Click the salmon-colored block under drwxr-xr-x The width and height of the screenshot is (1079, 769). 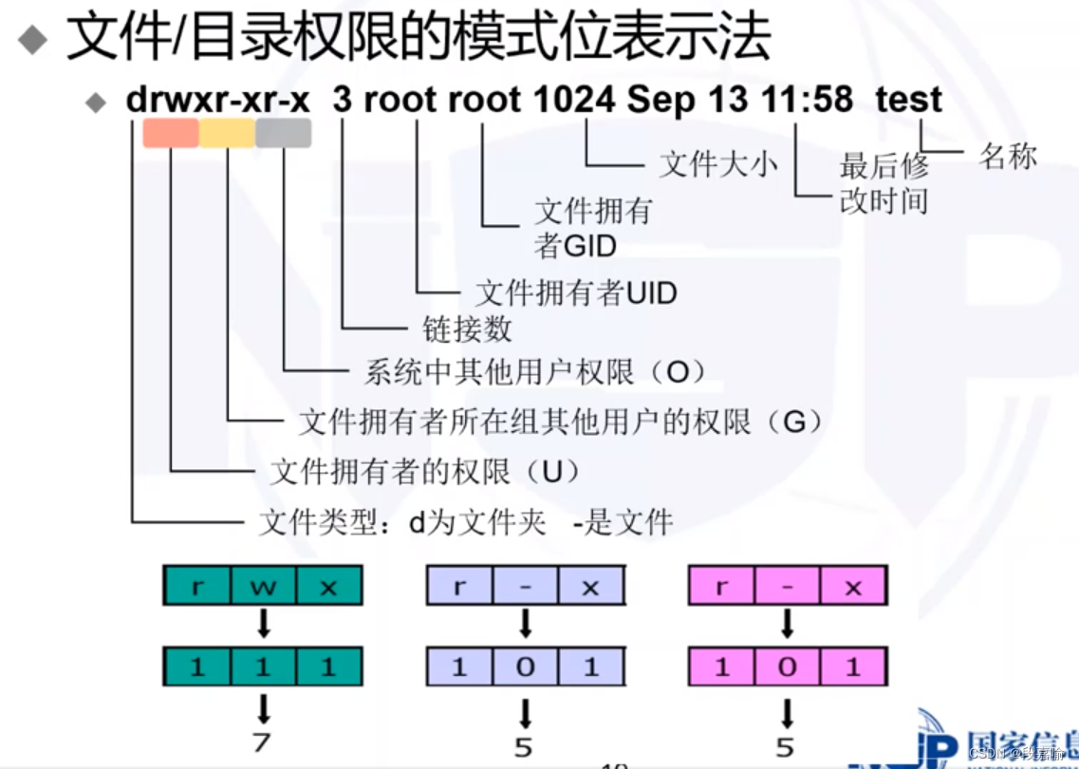click(x=171, y=133)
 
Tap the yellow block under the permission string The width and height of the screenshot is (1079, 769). click(x=227, y=133)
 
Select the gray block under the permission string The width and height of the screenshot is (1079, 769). click(x=283, y=133)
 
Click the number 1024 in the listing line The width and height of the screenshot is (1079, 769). click(x=573, y=100)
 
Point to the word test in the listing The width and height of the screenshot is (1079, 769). click(x=908, y=100)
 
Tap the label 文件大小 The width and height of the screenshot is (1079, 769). click(x=717, y=164)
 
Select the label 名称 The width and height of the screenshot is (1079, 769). click(x=1008, y=157)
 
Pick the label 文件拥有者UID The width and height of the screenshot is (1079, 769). click(x=576, y=292)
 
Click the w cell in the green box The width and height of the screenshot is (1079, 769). click(x=263, y=587)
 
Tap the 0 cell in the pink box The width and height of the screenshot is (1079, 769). click(x=787, y=667)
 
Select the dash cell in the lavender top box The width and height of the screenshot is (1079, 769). click(x=525, y=587)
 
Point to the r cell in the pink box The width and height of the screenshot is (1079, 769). click(x=721, y=587)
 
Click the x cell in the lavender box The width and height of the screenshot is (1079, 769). click(x=590, y=587)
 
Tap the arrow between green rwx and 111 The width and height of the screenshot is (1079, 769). click(x=263, y=625)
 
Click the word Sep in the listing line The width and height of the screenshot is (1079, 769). click(x=659, y=100)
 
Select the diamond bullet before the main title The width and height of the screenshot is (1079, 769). click(x=33, y=39)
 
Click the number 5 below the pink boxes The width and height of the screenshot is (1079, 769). click(x=787, y=746)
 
